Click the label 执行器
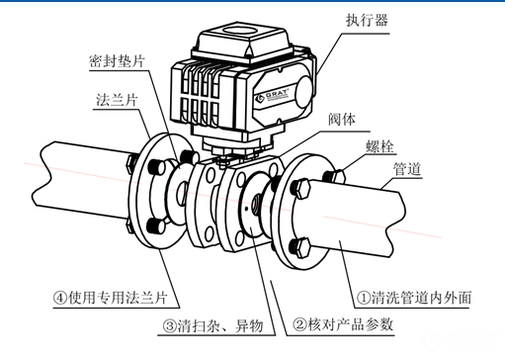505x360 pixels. [x=367, y=20]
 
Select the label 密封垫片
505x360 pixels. [x=117, y=61]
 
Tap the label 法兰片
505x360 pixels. [x=117, y=100]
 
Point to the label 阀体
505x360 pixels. [x=342, y=119]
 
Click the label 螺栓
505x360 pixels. [x=379, y=146]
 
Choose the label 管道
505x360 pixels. [x=407, y=169]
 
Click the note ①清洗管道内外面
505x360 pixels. [x=414, y=298]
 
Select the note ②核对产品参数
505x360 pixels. [x=343, y=324]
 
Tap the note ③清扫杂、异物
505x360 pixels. [x=212, y=326]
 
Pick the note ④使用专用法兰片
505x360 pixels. [x=111, y=298]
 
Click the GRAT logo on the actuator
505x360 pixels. [x=272, y=95]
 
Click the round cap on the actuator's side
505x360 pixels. [x=304, y=92]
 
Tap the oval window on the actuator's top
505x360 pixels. [x=240, y=30]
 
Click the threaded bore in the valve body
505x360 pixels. [x=256, y=204]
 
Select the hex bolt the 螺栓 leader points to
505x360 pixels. [x=333, y=176]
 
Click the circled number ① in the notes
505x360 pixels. [x=364, y=298]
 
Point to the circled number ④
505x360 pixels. [x=60, y=298]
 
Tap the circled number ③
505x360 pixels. [x=170, y=326]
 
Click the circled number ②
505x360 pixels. [x=299, y=324]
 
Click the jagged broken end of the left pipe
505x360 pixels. [x=44, y=176]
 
